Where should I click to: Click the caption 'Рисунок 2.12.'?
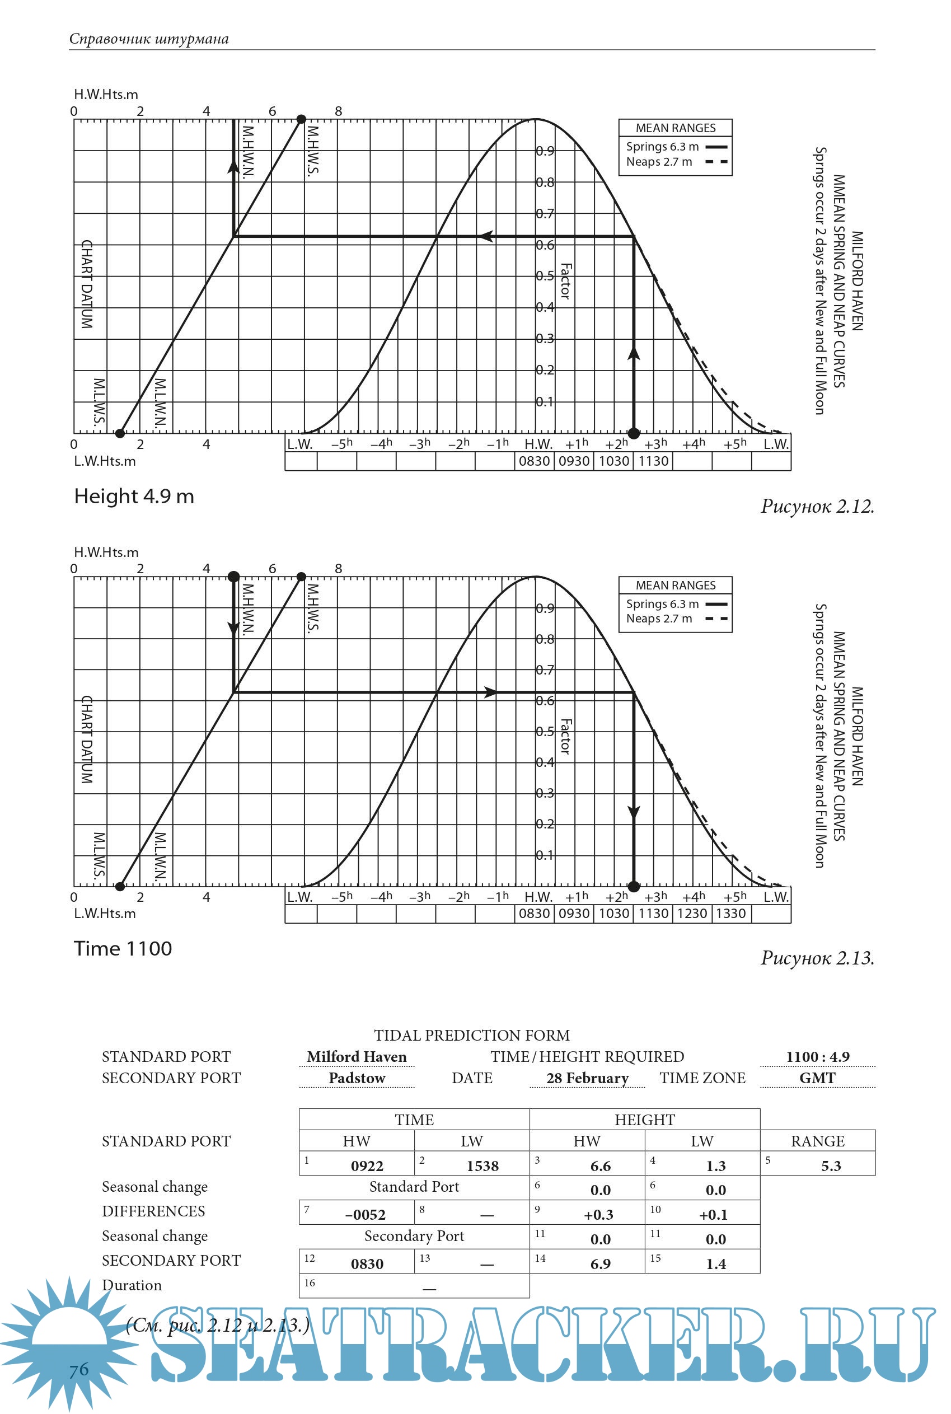click(x=817, y=506)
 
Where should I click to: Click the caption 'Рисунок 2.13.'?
click(x=817, y=958)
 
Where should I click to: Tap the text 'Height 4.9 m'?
click(x=134, y=496)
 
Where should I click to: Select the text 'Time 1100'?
click(x=123, y=948)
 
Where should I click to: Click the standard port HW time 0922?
click(x=367, y=1165)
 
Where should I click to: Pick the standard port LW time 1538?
click(x=482, y=1165)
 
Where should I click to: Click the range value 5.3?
click(x=830, y=1165)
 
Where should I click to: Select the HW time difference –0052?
click(x=365, y=1214)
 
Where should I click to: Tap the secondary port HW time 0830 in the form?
click(x=367, y=1263)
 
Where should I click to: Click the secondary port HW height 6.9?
click(x=600, y=1263)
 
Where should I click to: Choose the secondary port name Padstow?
click(x=357, y=1078)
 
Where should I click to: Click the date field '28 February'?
click(x=587, y=1078)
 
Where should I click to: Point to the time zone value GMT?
click(x=817, y=1078)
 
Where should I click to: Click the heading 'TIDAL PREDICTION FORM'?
click(x=471, y=1035)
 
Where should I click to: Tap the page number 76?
click(x=79, y=1370)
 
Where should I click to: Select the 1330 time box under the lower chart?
click(x=731, y=914)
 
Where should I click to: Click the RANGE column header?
click(x=817, y=1140)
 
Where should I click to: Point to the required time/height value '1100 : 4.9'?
click(x=817, y=1056)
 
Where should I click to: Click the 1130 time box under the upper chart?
click(x=653, y=461)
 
